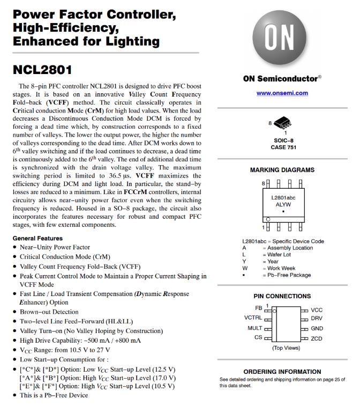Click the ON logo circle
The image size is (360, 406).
(281, 38)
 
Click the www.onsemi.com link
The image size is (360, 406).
(282, 93)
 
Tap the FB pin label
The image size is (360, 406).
(259, 308)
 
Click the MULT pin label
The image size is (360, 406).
(254, 328)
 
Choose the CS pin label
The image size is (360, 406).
(258, 337)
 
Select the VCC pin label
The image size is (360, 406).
(317, 310)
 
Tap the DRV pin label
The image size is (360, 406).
(317, 319)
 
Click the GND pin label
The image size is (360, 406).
(317, 328)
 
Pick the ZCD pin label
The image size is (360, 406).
(317, 338)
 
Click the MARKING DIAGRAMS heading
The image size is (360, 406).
(282, 170)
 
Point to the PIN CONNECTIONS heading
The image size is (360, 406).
(282, 296)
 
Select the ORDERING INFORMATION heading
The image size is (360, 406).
(282, 372)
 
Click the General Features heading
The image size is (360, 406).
(37, 238)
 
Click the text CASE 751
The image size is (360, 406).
(282, 147)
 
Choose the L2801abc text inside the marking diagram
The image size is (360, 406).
(282, 197)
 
